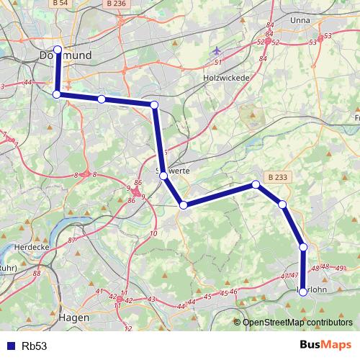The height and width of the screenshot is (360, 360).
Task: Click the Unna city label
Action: click(x=279, y=19)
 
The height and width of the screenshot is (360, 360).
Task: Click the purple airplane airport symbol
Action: click(x=217, y=51)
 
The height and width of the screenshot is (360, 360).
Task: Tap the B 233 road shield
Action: click(x=278, y=176)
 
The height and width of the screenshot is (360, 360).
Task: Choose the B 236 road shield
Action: click(x=115, y=4)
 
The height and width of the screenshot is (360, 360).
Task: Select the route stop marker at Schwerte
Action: click(x=163, y=176)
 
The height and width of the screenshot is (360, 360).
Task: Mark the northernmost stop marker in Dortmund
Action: click(x=58, y=50)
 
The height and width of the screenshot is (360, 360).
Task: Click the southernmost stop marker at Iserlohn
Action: click(x=303, y=292)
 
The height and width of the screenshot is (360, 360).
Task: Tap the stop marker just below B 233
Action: click(x=256, y=185)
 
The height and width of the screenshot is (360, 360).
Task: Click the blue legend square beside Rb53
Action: click(x=9, y=346)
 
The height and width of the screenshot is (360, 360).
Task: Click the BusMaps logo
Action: click(x=326, y=346)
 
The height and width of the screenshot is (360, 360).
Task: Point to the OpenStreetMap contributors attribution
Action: click(x=297, y=323)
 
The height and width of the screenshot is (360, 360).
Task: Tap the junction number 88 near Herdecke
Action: click(x=36, y=274)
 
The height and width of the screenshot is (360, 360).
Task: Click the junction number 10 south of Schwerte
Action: click(x=153, y=234)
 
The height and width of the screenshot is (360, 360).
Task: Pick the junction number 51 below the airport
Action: click(x=216, y=63)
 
